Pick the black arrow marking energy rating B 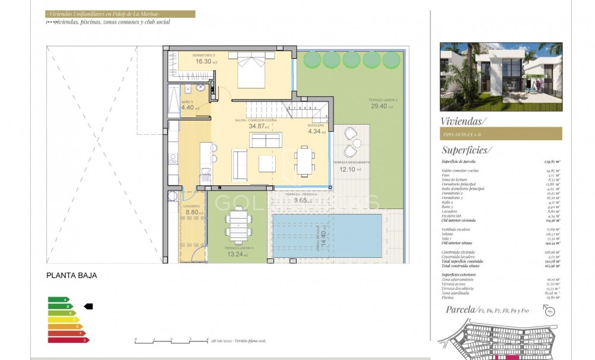(x=89, y=307)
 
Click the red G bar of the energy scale (x=68, y=340)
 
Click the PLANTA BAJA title (x=71, y=276)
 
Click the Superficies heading (x=467, y=150)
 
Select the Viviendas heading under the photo (x=463, y=121)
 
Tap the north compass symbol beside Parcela (x=549, y=311)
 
